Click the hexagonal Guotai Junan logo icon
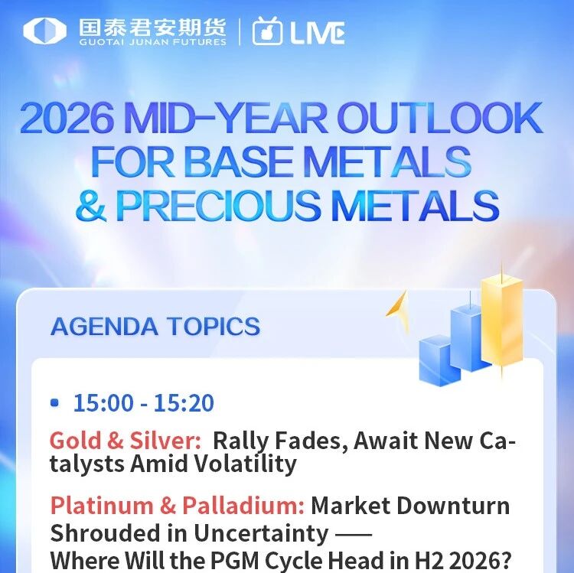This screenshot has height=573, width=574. (44, 31)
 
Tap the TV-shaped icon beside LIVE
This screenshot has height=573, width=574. (267, 31)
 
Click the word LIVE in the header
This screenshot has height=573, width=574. (318, 33)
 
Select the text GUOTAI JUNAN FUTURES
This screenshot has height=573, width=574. (152, 42)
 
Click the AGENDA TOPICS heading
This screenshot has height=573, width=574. (155, 327)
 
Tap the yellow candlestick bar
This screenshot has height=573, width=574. (501, 322)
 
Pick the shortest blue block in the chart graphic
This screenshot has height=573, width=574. (439, 361)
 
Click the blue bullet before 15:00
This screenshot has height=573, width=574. (54, 403)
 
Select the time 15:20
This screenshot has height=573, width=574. (184, 403)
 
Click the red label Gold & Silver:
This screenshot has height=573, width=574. (126, 440)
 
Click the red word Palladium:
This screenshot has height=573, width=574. (243, 506)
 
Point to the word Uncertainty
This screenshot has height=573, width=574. (261, 533)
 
